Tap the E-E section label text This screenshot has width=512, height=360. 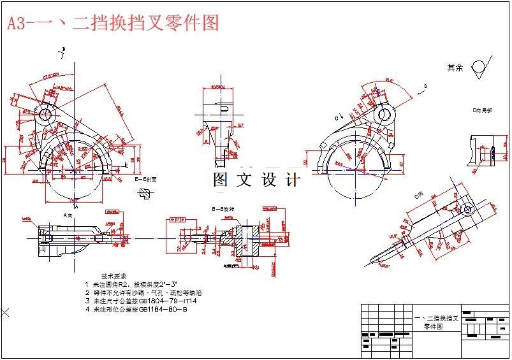tap(145, 180)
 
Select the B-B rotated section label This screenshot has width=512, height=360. tap(223, 208)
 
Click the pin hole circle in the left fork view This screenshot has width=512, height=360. tap(45, 115)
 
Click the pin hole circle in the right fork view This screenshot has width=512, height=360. tap(384, 115)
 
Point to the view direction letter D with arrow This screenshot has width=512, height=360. tap(423, 87)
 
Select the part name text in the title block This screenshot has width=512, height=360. tap(437, 322)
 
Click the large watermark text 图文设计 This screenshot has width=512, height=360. tap(256, 180)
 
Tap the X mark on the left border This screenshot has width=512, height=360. tap(5, 312)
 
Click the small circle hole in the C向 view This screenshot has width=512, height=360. tap(468, 209)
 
